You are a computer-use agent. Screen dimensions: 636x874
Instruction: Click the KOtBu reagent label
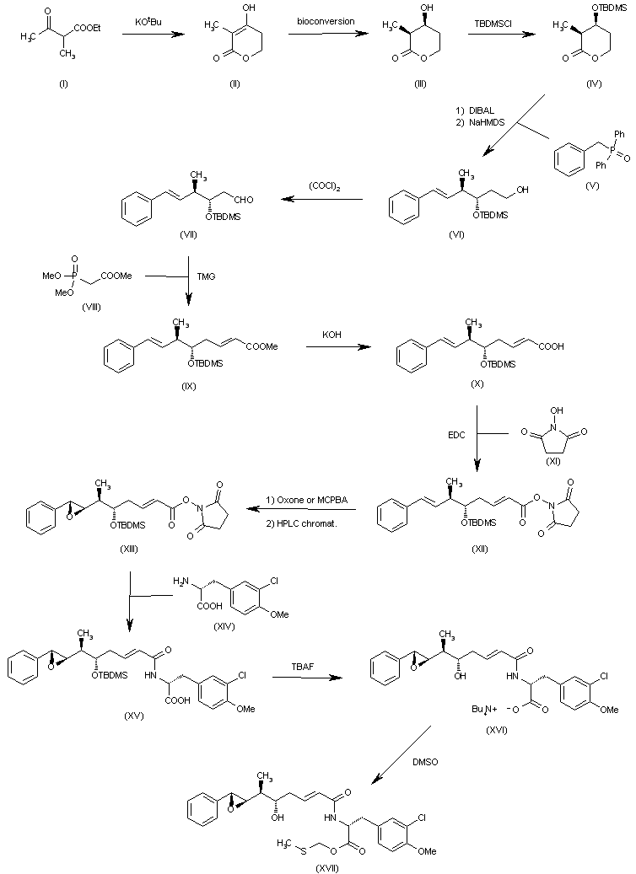pos(148,22)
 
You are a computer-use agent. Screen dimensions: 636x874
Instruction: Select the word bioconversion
pos(326,21)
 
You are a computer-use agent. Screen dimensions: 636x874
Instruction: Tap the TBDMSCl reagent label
pos(493,24)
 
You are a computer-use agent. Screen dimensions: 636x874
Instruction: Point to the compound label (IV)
pos(594,83)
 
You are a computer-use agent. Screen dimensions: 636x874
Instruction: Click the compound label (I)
pos(63,83)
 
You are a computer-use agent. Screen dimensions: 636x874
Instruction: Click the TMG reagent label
pos(206,276)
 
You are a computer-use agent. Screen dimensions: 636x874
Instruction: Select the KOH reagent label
pos(332,335)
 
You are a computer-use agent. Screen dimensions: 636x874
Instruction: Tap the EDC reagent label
pos(456,435)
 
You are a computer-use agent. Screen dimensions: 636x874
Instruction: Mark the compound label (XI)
pos(553,460)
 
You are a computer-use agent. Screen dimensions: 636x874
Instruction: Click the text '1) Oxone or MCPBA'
pos(306,500)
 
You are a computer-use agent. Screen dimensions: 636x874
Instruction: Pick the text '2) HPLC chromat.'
pos(301,523)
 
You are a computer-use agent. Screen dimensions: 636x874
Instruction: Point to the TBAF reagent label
pos(302,667)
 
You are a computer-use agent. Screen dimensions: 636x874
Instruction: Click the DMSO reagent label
pos(425,762)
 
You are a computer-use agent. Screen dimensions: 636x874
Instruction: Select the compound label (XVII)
pos(327,868)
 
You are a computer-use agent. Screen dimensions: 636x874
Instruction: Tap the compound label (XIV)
pos(224,626)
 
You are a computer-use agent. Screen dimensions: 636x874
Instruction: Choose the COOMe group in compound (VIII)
pos(116,276)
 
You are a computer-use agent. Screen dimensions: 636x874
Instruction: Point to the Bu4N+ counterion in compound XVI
pos(485,710)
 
